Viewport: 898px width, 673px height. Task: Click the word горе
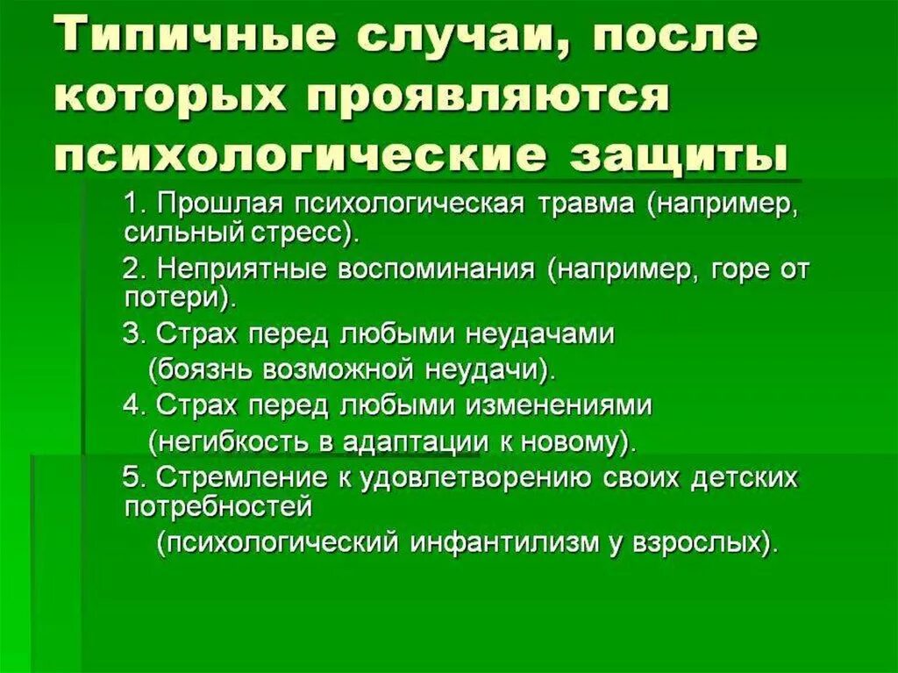click(x=733, y=268)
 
